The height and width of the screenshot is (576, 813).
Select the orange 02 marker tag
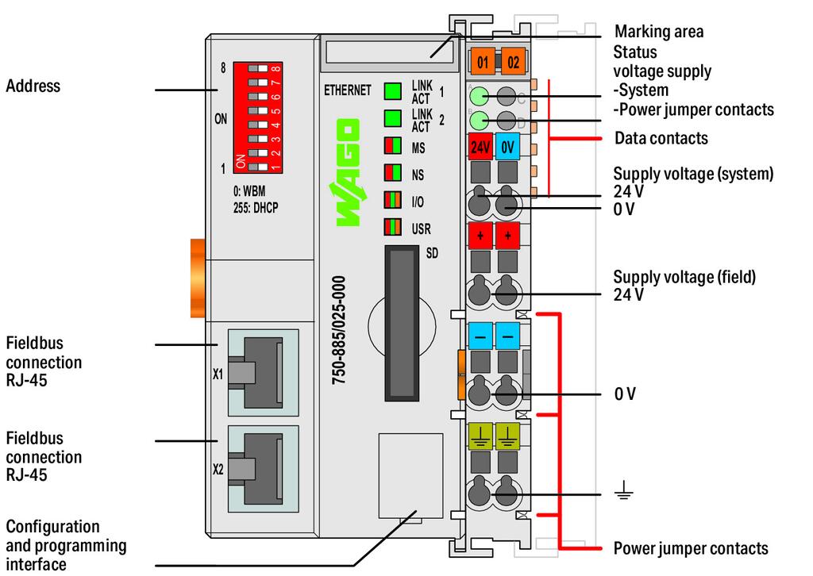[x=512, y=60]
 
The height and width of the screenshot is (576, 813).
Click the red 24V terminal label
[x=480, y=147]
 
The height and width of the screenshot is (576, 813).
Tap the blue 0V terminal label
[x=508, y=147]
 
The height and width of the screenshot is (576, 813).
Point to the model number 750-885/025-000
[x=339, y=330]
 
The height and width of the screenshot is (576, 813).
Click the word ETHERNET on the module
[x=347, y=90]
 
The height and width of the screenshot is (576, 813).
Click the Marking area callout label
[x=659, y=32]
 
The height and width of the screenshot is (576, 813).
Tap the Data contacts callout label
[x=661, y=138]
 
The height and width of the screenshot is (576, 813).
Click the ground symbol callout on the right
[x=623, y=494]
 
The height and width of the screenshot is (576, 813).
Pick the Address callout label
[x=33, y=86]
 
